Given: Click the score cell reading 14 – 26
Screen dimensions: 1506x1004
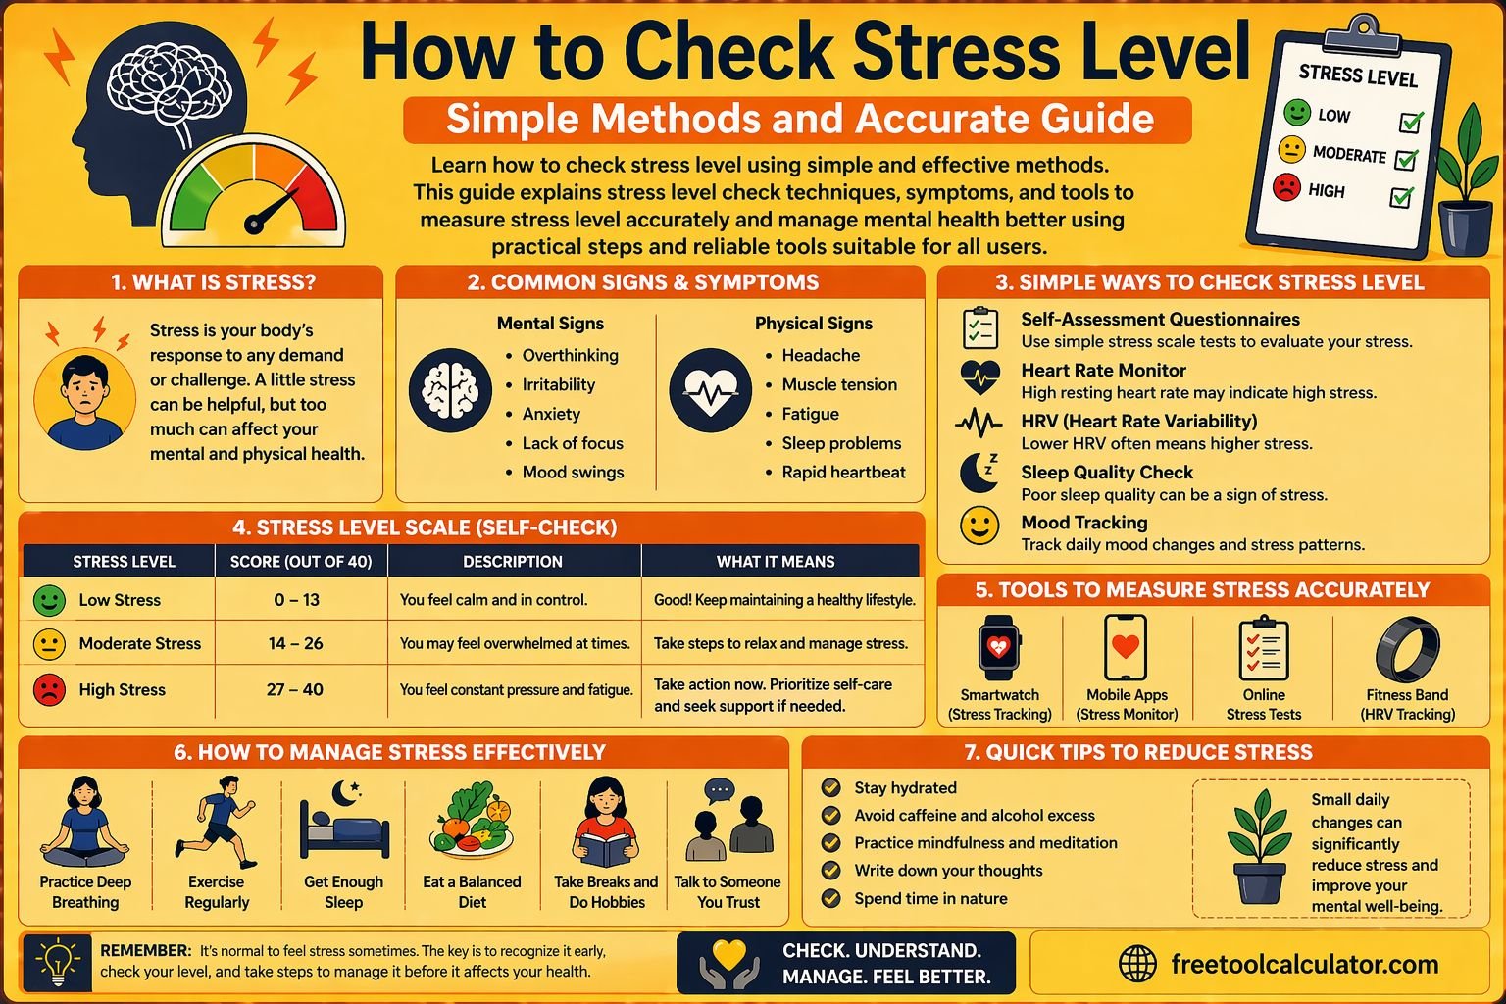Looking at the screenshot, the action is click(x=296, y=643).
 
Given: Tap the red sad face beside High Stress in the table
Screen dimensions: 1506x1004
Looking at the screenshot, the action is click(x=49, y=689).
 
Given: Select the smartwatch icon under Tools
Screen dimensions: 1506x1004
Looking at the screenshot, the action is click(x=998, y=647).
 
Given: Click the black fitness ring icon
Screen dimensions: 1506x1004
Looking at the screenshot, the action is click(x=1407, y=650).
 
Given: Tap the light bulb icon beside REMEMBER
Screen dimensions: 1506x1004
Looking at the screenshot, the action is click(x=58, y=962).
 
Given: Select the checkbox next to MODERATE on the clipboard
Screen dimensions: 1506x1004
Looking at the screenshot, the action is click(x=1406, y=159).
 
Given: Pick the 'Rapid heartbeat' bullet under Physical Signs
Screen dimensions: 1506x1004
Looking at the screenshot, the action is click(x=843, y=472).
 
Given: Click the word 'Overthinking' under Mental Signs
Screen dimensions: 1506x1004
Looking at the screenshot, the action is click(x=570, y=355).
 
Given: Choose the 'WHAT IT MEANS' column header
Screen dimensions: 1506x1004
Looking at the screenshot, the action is click(x=776, y=562).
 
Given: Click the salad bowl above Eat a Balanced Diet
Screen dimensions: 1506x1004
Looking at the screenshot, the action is click(x=472, y=820).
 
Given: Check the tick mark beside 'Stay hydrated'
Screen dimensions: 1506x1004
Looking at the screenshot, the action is click(x=831, y=787).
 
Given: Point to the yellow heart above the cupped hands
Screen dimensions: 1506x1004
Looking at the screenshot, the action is click(x=729, y=954).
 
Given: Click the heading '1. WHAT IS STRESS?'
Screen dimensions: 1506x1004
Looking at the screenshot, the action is click(x=214, y=282).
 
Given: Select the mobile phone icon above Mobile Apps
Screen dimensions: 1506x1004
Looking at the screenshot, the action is click(x=1126, y=647).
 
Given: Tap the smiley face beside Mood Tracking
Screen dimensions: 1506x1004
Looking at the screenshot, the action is click(x=979, y=526).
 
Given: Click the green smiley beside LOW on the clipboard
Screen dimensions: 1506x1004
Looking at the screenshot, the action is click(x=1297, y=112).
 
